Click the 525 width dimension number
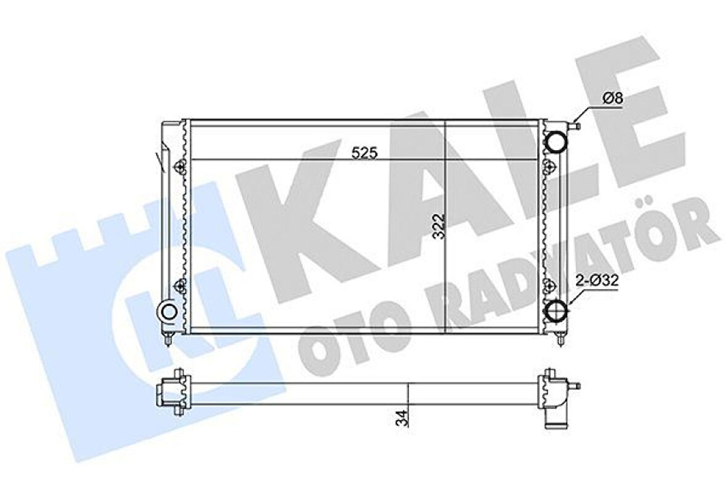364,153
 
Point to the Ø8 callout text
613,99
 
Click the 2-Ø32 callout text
597,280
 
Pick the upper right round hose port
556,142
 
